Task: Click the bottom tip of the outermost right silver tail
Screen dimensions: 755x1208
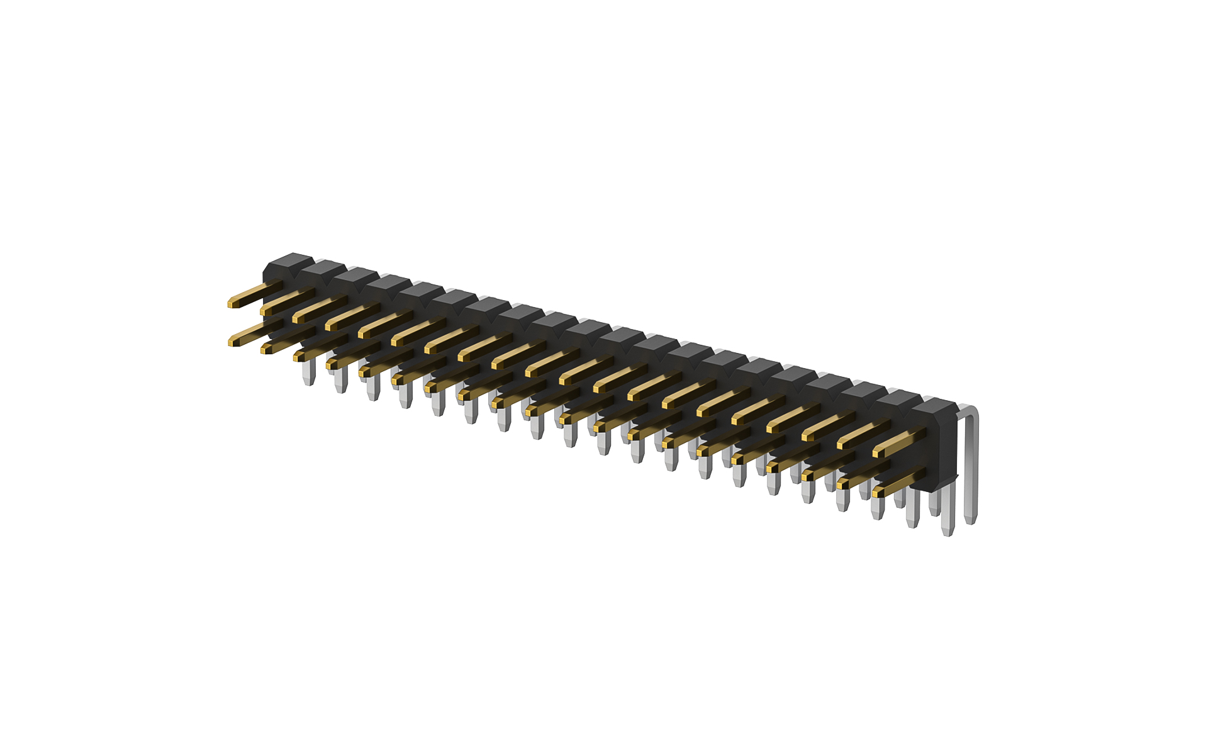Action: [971, 522]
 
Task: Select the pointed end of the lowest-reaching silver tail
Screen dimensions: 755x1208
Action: [948, 534]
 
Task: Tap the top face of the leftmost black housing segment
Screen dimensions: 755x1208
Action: [291, 260]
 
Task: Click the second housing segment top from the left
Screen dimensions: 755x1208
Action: [325, 267]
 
